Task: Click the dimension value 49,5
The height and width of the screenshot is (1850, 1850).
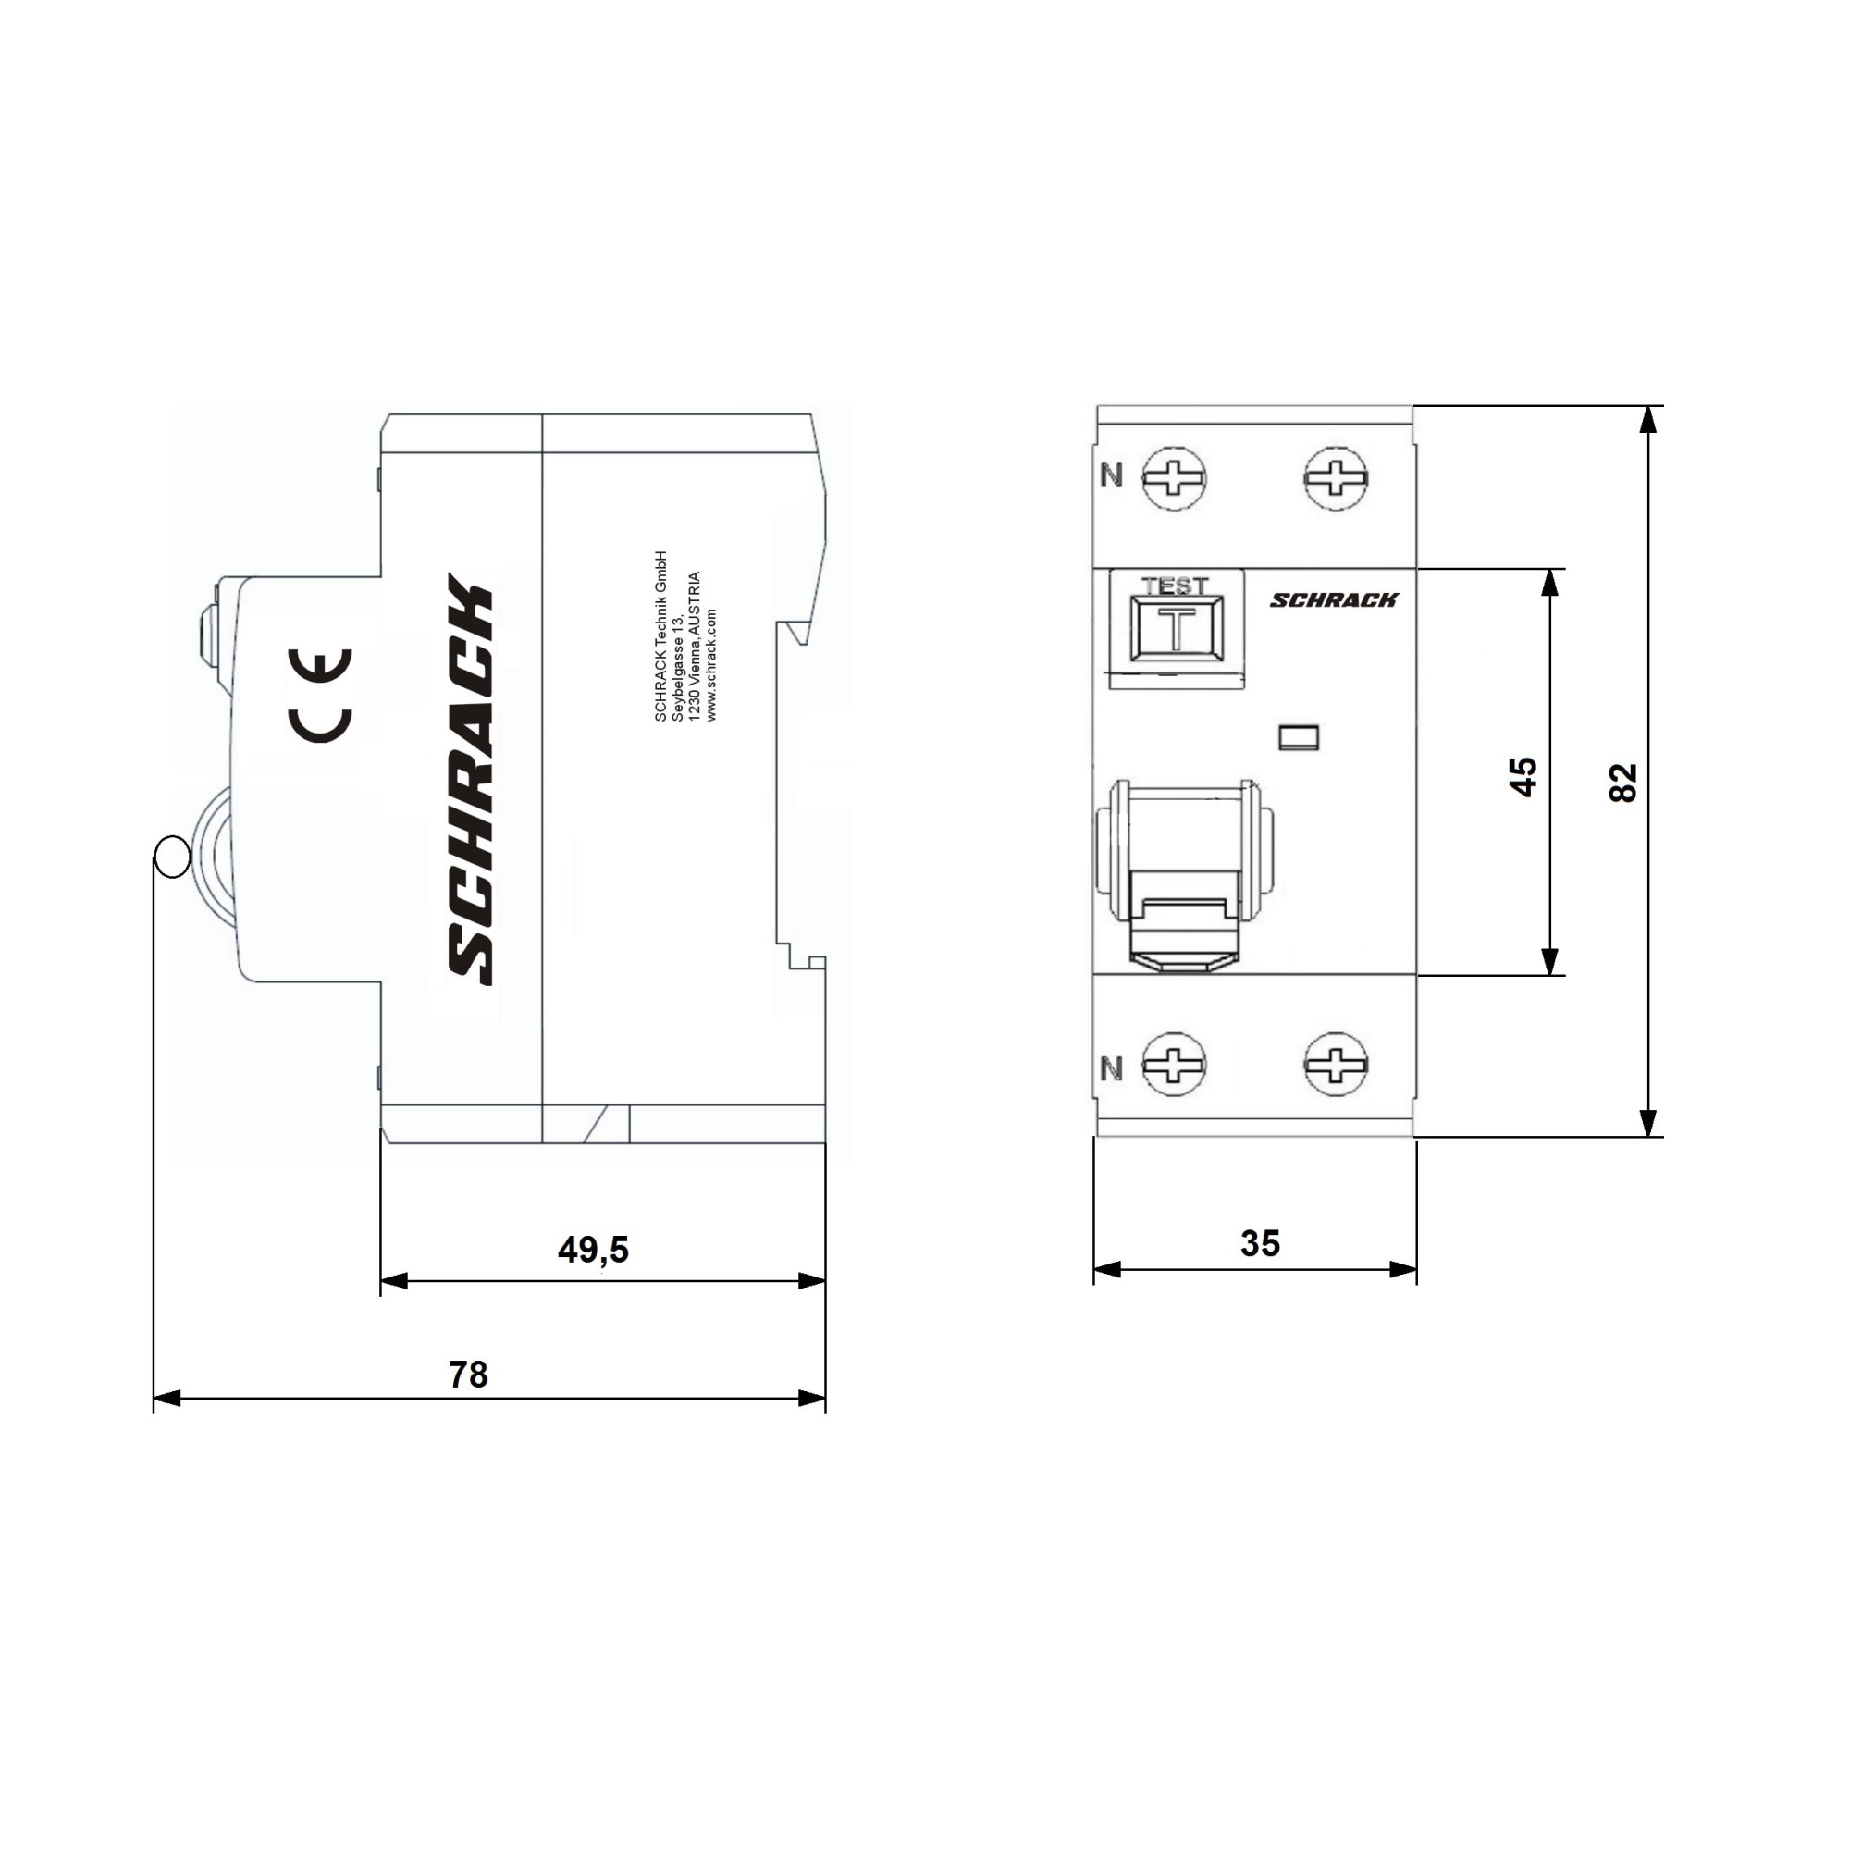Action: click(x=593, y=1249)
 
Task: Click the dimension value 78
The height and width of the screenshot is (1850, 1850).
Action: click(x=468, y=1375)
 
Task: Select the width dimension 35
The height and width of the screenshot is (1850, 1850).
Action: click(x=1259, y=1243)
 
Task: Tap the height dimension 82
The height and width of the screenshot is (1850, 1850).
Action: click(x=1623, y=783)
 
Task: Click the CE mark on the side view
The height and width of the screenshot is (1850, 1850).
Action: click(x=321, y=696)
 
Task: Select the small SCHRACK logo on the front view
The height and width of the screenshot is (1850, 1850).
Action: click(x=1334, y=599)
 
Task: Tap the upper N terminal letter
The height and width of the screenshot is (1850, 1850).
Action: click(x=1111, y=474)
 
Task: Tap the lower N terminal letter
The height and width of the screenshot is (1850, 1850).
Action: click(x=1111, y=1068)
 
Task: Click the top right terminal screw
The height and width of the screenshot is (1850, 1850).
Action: click(x=1336, y=477)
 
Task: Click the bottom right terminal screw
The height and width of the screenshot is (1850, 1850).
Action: click(x=1336, y=1063)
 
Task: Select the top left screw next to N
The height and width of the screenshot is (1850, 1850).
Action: click(x=1174, y=477)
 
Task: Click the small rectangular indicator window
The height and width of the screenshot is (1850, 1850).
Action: click(x=1299, y=737)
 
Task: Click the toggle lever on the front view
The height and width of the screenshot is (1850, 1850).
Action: click(x=1186, y=876)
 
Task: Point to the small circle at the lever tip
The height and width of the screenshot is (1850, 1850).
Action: click(x=172, y=856)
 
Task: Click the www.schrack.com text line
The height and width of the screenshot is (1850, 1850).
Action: click(x=711, y=663)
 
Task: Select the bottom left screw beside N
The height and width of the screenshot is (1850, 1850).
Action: click(x=1174, y=1063)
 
